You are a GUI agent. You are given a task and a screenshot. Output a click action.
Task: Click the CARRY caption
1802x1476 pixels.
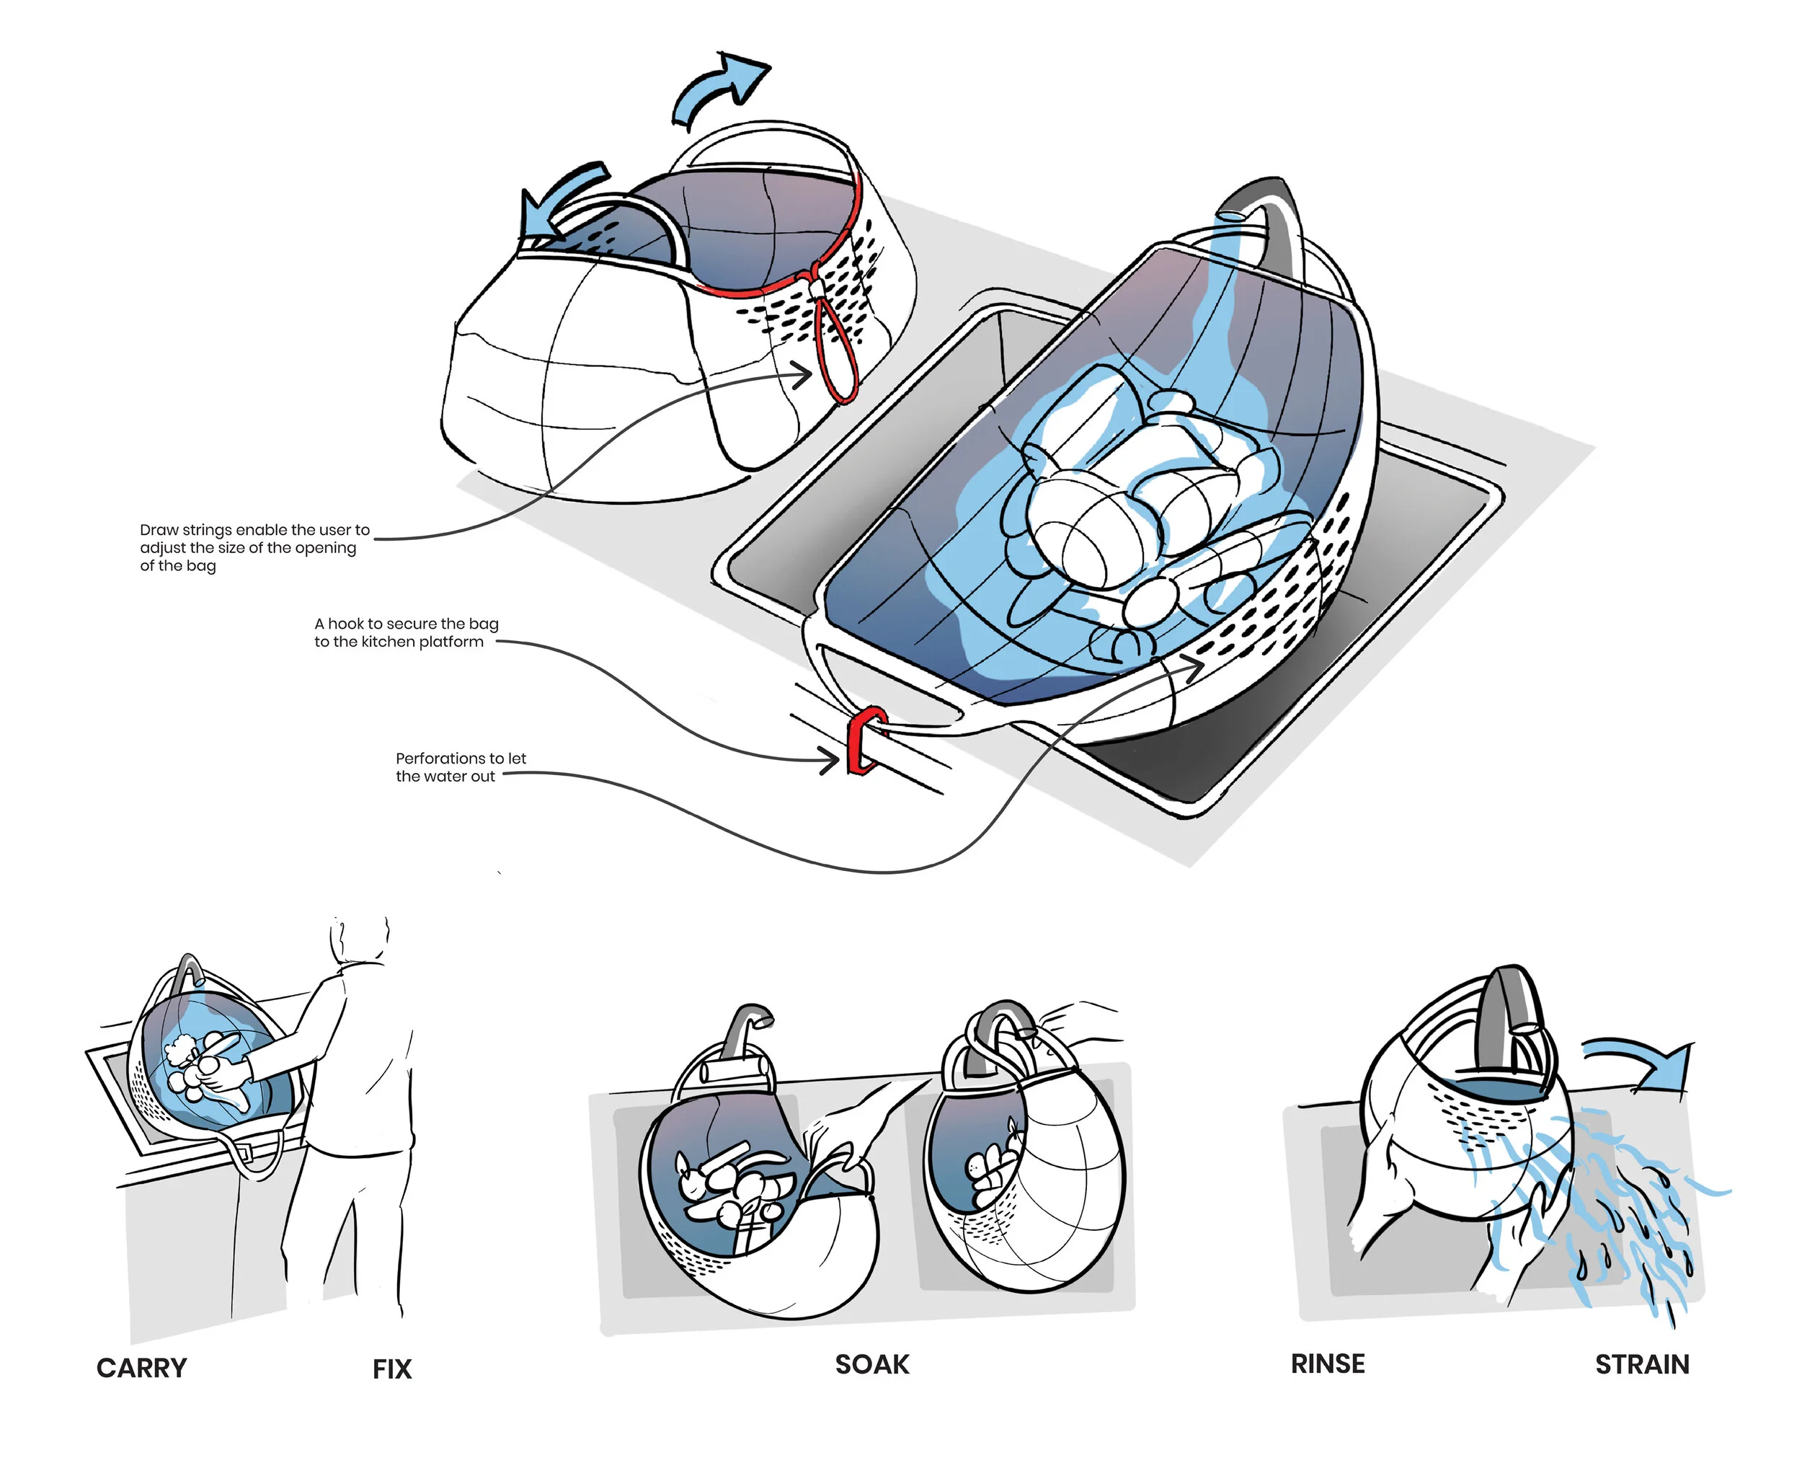141,1368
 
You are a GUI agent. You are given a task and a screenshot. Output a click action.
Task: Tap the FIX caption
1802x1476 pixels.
392,1369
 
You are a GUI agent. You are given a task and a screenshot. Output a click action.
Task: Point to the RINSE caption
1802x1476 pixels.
1328,1364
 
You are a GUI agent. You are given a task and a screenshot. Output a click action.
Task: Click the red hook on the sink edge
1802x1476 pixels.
865,741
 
